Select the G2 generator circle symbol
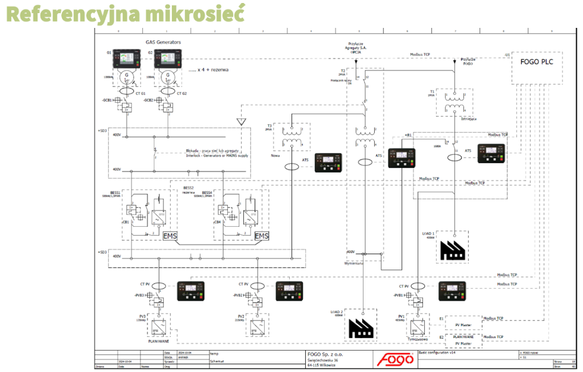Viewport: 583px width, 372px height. point(168,76)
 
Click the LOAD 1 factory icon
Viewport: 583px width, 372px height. point(453,249)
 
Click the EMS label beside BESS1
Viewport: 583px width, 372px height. point(170,236)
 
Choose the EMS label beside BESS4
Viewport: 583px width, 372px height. point(262,236)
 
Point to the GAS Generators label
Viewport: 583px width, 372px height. point(163,42)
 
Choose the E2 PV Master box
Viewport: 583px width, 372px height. point(463,340)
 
